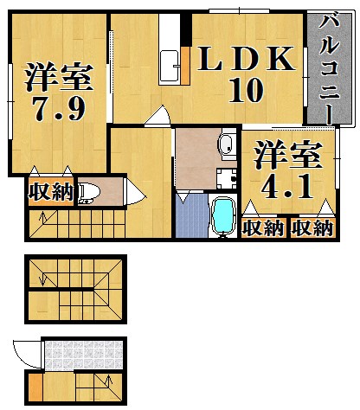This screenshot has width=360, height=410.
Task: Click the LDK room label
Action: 247,59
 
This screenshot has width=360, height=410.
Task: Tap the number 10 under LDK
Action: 246,90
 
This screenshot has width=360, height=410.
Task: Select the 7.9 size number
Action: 60,109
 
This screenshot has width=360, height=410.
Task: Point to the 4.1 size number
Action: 287,187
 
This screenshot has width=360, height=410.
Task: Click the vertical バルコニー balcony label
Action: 329,70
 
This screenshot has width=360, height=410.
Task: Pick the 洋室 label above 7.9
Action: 59,77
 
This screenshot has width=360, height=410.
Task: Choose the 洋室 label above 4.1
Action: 287,155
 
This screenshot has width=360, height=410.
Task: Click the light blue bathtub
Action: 222,215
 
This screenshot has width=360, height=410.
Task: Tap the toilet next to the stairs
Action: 89,193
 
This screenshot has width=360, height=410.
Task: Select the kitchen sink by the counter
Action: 169,67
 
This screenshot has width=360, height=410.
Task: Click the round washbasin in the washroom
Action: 227,144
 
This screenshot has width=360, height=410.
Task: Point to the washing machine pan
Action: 227,179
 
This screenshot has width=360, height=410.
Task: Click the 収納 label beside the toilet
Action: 51,192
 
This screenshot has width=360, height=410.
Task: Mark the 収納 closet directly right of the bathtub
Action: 263,228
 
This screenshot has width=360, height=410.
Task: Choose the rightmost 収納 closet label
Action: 312,228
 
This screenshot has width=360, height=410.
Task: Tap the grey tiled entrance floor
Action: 83,355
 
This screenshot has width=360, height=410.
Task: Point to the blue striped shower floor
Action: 192,215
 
